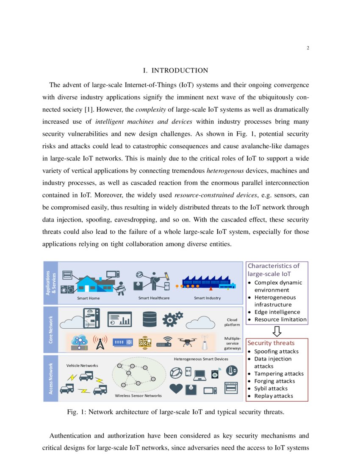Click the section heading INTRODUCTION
coord(176,70)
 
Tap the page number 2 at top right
coord(308,48)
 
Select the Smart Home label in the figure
coord(88,298)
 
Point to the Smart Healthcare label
coord(154,298)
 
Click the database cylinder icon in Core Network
coord(150,319)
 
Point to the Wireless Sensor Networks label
coord(138,396)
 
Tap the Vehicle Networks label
coord(82,365)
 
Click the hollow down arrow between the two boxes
coord(277,331)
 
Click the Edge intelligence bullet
coord(277,312)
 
